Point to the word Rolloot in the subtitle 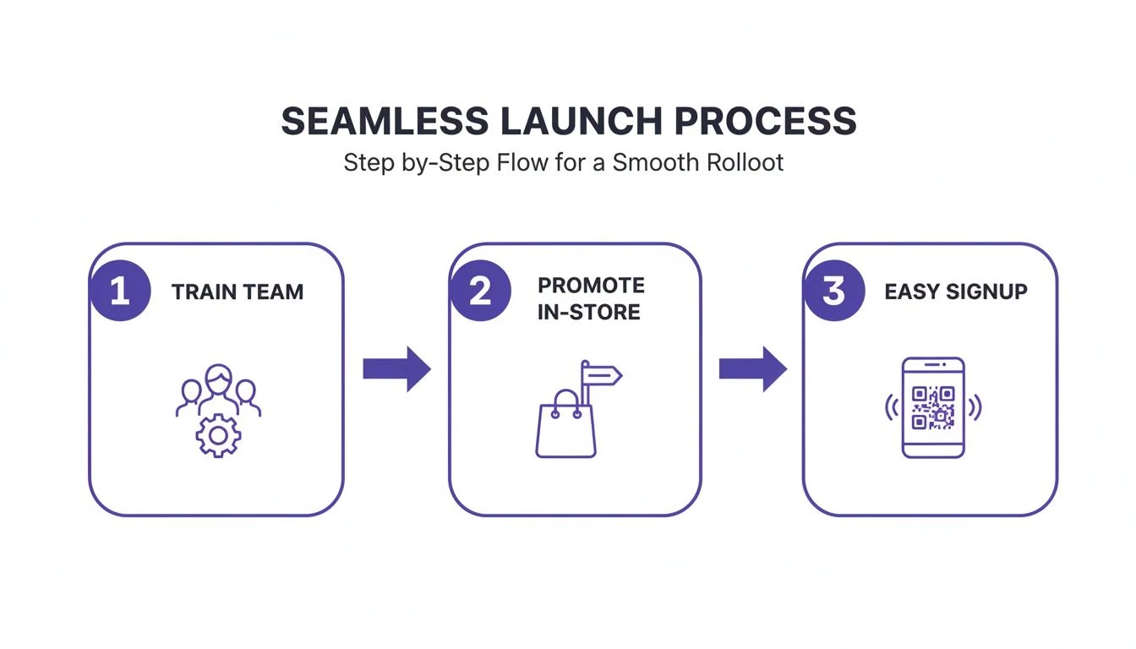[740, 162]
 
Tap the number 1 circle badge [119, 292]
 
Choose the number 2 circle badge [479, 292]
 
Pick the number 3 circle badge [833, 292]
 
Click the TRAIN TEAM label [238, 292]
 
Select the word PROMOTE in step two [591, 285]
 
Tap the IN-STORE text [589, 313]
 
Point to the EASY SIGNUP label [956, 292]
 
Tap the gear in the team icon [218, 435]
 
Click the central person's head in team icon [218, 378]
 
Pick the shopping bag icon [565, 428]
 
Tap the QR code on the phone [933, 407]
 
